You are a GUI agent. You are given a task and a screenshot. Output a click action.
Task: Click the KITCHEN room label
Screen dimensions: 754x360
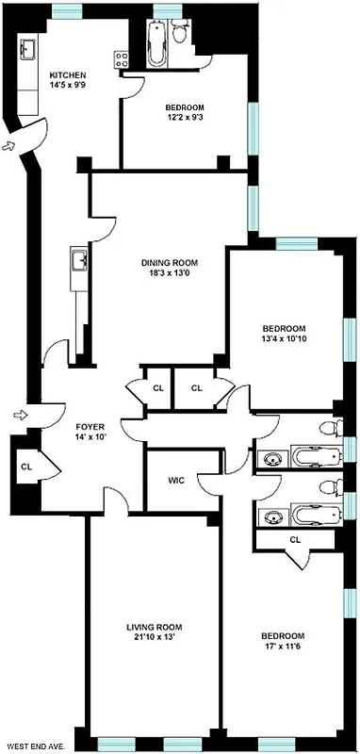pos(69,74)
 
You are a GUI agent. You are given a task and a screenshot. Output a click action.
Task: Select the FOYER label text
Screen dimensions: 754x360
pos(90,425)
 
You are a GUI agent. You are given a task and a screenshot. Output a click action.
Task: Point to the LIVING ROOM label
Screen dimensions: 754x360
pos(155,627)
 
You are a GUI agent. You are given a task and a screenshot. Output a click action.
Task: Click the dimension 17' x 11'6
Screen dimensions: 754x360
pos(284,647)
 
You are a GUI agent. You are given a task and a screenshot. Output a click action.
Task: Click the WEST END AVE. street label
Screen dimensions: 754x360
pos(32,746)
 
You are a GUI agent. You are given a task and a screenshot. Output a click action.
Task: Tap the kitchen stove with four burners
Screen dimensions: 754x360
pos(121,57)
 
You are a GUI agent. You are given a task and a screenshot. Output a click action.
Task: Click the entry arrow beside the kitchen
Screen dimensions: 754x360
pos(10,145)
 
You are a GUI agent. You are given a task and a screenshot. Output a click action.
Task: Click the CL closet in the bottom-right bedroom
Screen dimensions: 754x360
pos(295,539)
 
